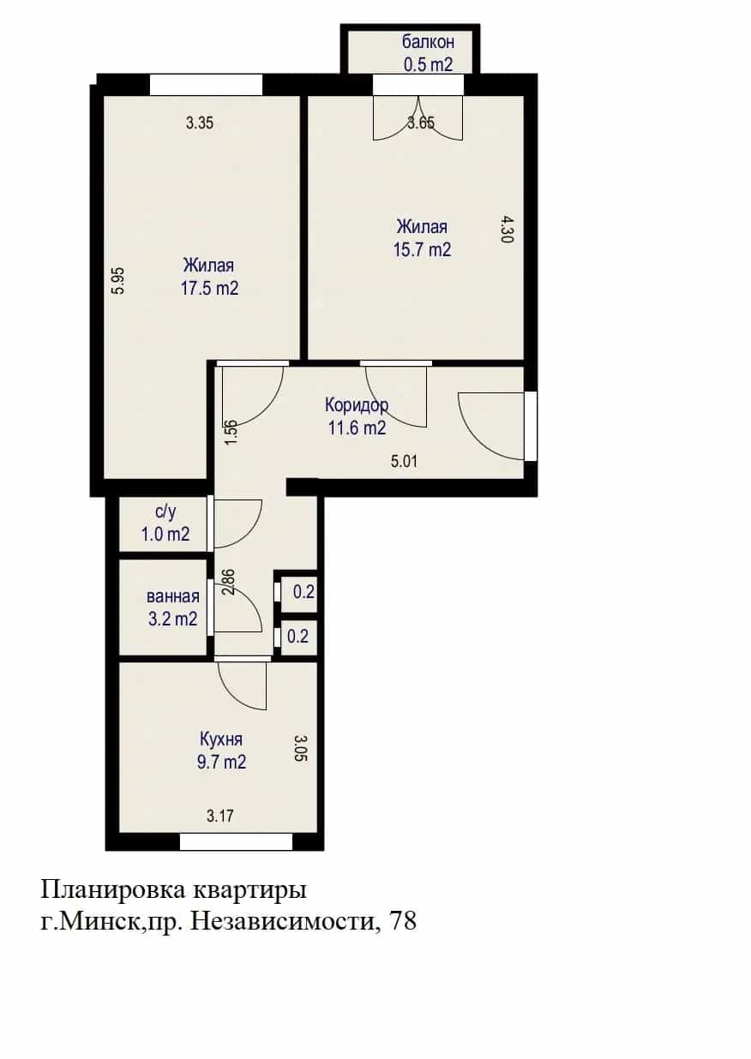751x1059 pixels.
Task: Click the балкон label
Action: tap(429, 42)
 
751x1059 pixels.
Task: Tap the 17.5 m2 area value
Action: tap(209, 289)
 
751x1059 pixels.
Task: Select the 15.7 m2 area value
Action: tap(423, 249)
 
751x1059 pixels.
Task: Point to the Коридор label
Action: tap(357, 405)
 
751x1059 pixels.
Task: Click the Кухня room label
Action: tap(221, 739)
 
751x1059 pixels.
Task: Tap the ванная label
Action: tap(173, 596)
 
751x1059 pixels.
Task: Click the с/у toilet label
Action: tap(165, 512)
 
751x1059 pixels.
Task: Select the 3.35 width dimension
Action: tap(200, 123)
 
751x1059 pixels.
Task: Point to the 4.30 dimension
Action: tap(506, 230)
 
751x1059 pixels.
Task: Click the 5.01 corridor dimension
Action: tap(405, 462)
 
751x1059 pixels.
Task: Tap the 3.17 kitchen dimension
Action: tap(220, 817)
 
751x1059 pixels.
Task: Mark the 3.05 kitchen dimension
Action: tap(301, 748)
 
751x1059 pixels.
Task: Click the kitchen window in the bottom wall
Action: tap(236, 843)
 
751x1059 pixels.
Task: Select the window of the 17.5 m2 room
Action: tap(207, 85)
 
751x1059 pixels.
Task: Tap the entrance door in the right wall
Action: tap(530, 426)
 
